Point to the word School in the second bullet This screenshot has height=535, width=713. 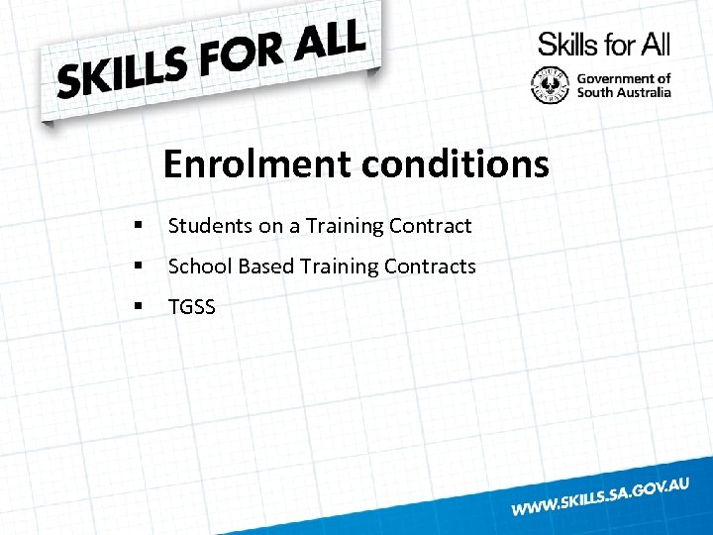(x=200, y=267)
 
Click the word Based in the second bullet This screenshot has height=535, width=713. (x=266, y=267)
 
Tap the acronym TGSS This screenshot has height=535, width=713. (x=192, y=307)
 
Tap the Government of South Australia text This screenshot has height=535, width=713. (x=624, y=85)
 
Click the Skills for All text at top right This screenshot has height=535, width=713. (x=604, y=44)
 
